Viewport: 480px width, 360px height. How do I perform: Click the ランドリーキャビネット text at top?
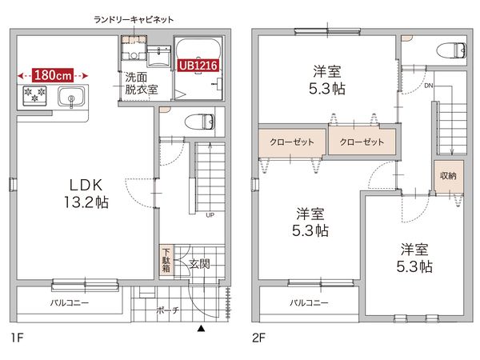pyautogui.click(x=134, y=18)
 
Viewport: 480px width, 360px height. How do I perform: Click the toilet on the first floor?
pyautogui.click(x=199, y=122)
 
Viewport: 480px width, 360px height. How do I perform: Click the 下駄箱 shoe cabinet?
pyautogui.click(x=165, y=260)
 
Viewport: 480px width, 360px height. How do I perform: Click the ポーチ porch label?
pyautogui.click(x=167, y=310)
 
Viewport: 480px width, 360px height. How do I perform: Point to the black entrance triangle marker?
pyautogui.click(x=202, y=328)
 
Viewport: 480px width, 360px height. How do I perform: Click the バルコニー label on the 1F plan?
pyautogui.click(x=69, y=303)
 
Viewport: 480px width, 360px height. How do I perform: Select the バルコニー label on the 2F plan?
pyautogui.click(x=309, y=303)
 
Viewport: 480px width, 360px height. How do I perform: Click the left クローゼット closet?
pyautogui.click(x=291, y=142)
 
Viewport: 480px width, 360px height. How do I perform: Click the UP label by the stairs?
pyautogui.click(x=210, y=215)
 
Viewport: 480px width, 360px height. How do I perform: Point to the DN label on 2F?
pyautogui.click(x=429, y=85)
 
